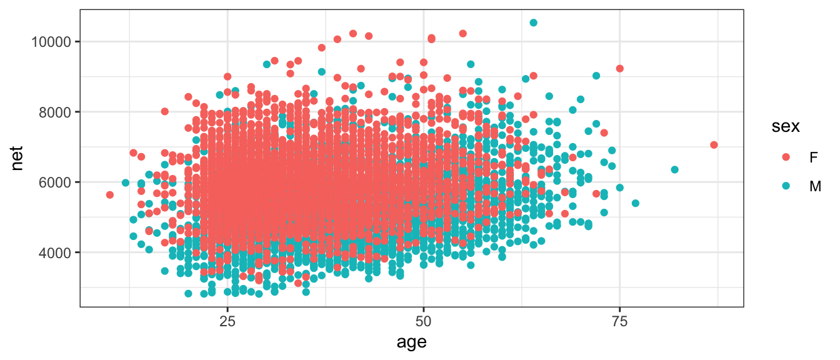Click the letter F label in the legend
click(813, 157)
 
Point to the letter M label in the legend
click(815, 186)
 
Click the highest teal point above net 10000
click(533, 22)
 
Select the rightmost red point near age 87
click(714, 145)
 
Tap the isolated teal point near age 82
click(674, 169)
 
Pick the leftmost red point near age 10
click(110, 195)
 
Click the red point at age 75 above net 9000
click(619, 69)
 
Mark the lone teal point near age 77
click(636, 203)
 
